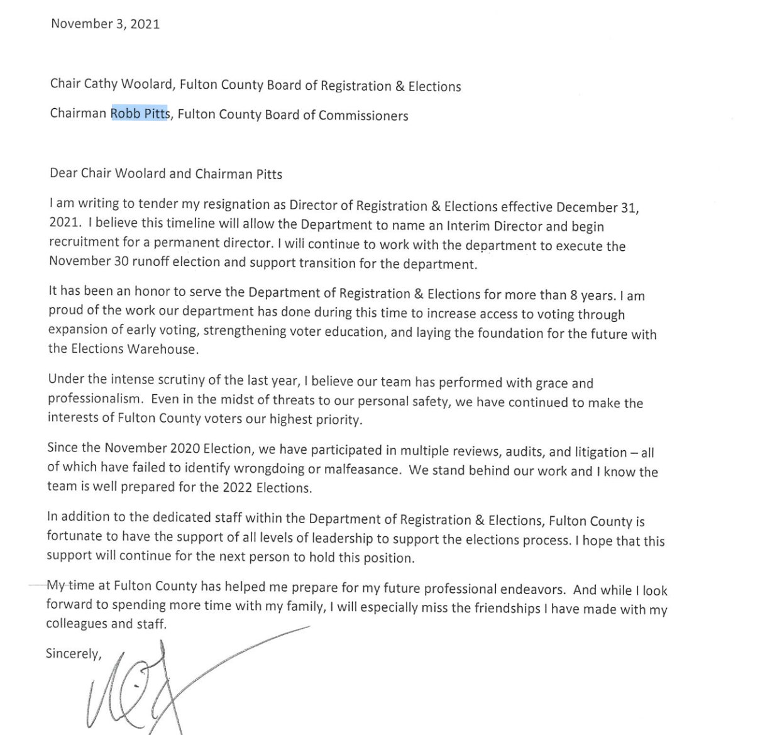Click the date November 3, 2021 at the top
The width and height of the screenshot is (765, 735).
[x=105, y=24]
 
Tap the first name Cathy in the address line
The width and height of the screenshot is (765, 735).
[x=101, y=84]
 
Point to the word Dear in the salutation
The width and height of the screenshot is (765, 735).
[x=63, y=174]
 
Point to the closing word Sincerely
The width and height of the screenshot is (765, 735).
[x=73, y=653]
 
